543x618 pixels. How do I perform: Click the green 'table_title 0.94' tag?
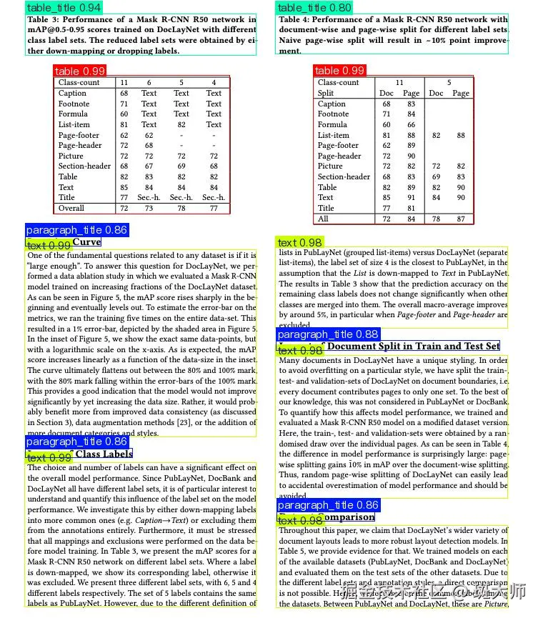(x=63, y=8)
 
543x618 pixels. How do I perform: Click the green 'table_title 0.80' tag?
(x=314, y=8)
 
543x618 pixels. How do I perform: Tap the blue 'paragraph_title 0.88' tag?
(x=328, y=334)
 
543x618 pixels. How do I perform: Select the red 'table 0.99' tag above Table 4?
(x=339, y=70)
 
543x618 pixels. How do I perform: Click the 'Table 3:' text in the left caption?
(x=44, y=20)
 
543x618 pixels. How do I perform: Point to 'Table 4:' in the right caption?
(x=295, y=20)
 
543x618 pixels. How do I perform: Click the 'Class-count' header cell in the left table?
(x=79, y=83)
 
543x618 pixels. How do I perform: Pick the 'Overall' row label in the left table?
(x=71, y=208)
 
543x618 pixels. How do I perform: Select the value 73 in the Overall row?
(x=149, y=208)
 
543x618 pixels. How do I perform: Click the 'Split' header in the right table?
(x=326, y=93)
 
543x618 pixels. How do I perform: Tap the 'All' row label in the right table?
(x=324, y=219)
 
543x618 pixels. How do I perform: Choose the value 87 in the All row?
(x=461, y=219)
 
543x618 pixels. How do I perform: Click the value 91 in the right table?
(x=411, y=198)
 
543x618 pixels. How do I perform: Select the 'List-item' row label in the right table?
(x=334, y=135)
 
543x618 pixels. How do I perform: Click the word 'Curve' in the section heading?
(x=86, y=242)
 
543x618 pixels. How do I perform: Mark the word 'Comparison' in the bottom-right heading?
(x=349, y=517)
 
